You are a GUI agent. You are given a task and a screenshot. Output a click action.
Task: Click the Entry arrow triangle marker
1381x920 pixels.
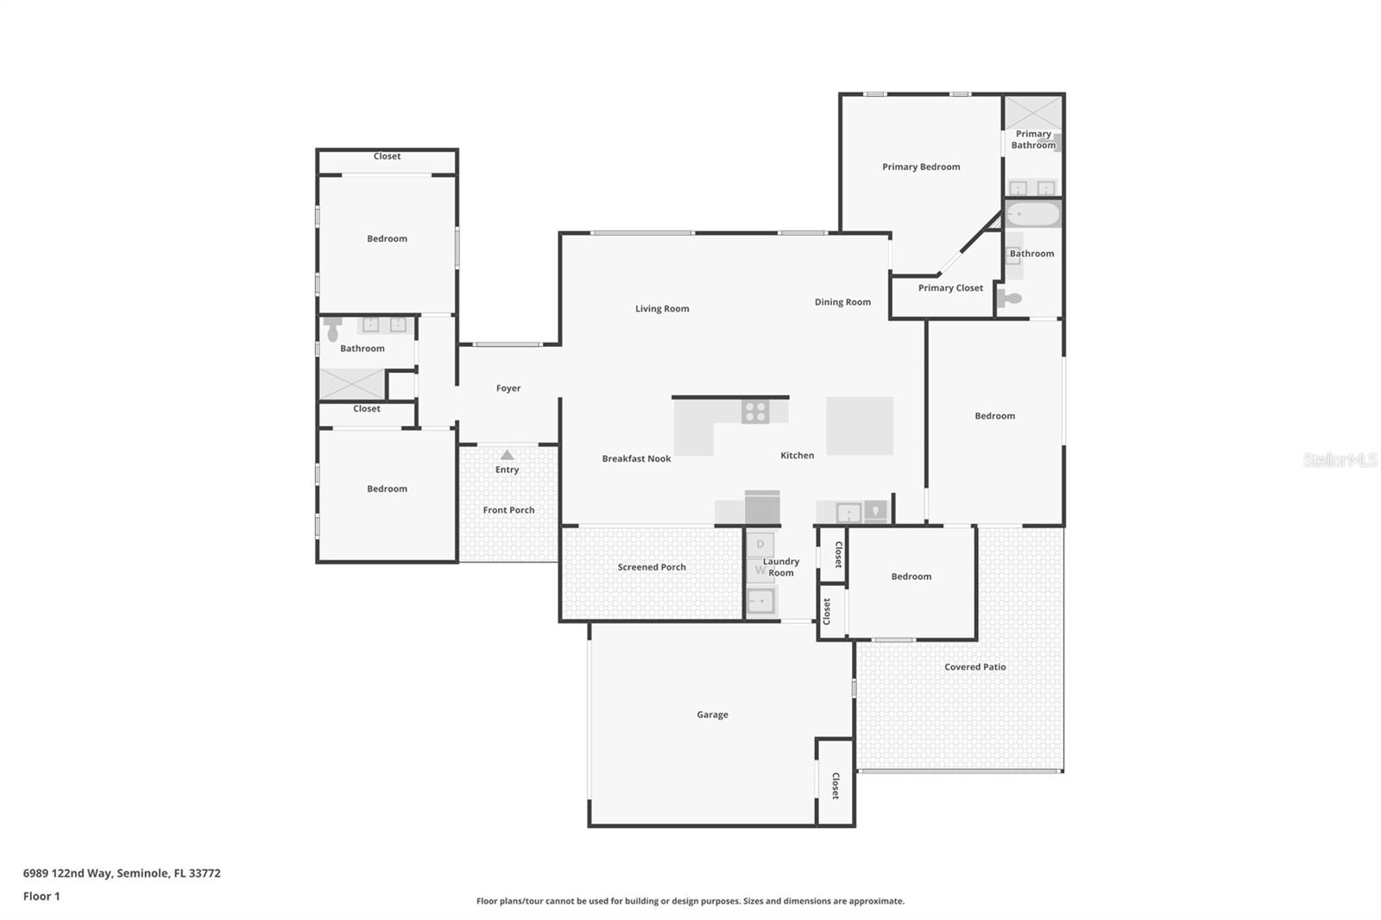pos(508,455)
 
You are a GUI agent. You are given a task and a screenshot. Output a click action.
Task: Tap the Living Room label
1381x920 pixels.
pos(662,309)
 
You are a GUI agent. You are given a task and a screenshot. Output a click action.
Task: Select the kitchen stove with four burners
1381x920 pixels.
pos(755,412)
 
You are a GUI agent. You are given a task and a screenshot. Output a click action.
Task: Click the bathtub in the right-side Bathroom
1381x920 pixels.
pos(1033,214)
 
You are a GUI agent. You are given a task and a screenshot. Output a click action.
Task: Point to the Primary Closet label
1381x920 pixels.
pos(950,288)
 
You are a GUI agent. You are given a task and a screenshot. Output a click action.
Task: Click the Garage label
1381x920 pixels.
pos(712,715)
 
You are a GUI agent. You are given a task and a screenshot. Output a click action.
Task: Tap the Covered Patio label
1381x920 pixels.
pos(974,667)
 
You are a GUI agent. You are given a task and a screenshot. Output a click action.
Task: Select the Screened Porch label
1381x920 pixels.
pos(652,567)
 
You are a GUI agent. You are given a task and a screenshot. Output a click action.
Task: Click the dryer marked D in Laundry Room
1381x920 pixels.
pos(760,545)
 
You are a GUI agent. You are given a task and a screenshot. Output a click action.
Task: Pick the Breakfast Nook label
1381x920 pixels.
pos(636,459)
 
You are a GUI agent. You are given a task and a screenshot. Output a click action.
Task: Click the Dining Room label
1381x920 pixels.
pos(842,302)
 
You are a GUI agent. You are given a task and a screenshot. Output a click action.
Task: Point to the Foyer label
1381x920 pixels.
pos(508,388)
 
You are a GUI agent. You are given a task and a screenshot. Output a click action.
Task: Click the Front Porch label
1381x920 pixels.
pos(508,510)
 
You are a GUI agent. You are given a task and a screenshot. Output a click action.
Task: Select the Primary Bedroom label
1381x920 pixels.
pos(921,167)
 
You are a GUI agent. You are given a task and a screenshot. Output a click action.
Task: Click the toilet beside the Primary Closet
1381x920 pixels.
pos(1010,299)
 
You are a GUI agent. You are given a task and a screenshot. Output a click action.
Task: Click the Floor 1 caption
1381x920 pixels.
pos(41,897)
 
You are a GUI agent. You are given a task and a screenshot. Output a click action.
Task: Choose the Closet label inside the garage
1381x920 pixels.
pos(836,785)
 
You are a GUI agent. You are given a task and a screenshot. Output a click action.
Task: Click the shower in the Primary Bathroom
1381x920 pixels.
pos(1033,112)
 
